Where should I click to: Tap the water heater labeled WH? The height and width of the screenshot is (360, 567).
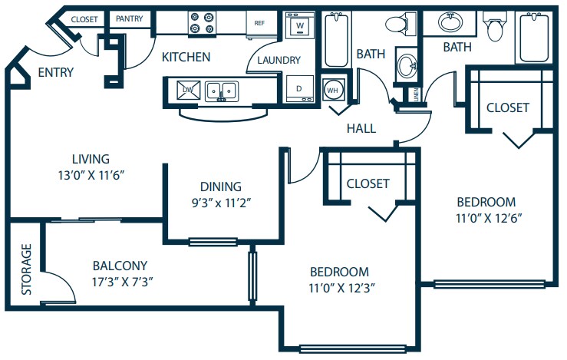click(x=332, y=89)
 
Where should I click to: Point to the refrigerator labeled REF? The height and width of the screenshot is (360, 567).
click(x=259, y=23)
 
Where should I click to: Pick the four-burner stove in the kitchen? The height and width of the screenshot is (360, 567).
click(x=203, y=23)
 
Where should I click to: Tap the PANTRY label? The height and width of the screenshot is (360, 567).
click(x=130, y=18)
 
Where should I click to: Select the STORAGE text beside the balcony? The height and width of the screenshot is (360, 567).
click(x=26, y=269)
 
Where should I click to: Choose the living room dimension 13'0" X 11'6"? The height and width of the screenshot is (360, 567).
click(x=91, y=174)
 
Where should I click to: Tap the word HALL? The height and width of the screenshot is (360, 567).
click(x=361, y=128)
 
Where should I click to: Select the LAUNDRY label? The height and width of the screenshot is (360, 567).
click(x=279, y=60)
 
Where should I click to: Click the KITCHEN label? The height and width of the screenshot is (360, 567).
click(x=186, y=57)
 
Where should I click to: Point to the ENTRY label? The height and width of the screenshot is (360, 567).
click(x=56, y=73)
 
